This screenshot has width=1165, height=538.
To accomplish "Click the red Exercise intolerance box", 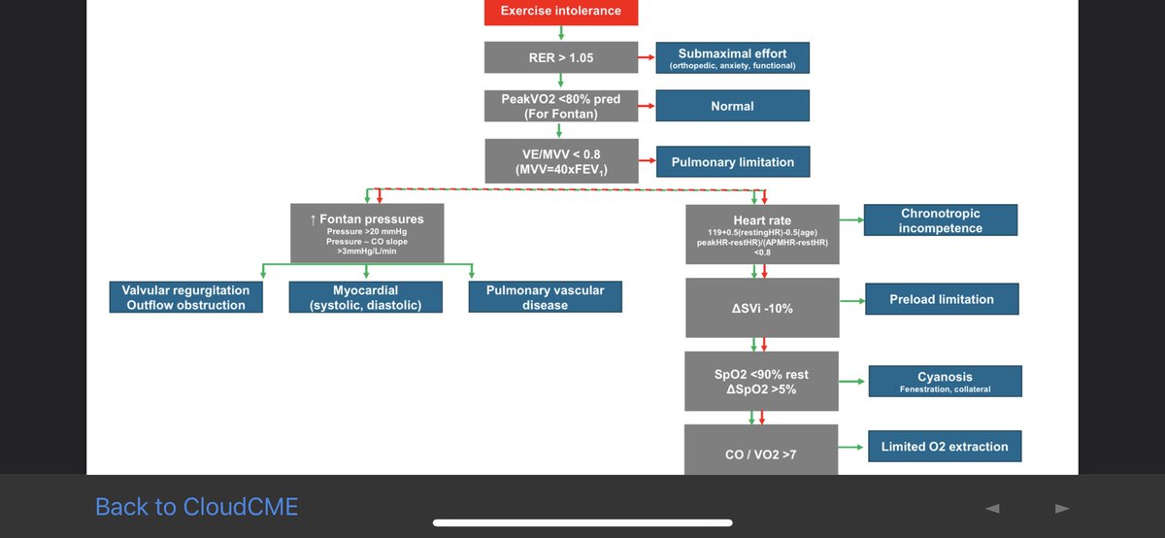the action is (561, 12).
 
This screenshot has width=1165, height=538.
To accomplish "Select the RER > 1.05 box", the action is (561, 58).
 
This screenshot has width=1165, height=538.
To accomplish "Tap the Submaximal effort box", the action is (732, 58).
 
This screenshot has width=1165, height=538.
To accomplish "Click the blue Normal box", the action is (732, 106).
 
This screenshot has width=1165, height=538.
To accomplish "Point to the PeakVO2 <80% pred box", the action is (561, 106).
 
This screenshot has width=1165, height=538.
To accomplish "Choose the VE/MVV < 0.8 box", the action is (561, 161).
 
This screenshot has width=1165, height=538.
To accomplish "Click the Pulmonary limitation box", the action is (732, 162).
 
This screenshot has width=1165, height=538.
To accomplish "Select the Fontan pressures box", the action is (366, 233).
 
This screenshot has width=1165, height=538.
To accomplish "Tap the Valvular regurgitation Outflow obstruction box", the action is (185, 297).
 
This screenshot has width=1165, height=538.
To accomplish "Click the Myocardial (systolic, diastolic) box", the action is (366, 297).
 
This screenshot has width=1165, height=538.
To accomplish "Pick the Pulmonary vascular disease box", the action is (545, 297).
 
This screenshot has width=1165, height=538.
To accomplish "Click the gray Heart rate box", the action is (761, 234).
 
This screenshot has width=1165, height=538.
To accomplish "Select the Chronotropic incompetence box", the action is (940, 220).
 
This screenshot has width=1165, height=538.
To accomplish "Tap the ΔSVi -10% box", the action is (761, 307).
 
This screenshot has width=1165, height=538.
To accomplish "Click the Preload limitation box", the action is (941, 300).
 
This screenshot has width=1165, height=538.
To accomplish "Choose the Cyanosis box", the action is (944, 381).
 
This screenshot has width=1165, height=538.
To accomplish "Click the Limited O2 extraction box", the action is (944, 447).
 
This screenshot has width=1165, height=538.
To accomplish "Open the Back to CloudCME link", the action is (196, 506).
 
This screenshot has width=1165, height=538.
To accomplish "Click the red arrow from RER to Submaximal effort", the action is (646, 58).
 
